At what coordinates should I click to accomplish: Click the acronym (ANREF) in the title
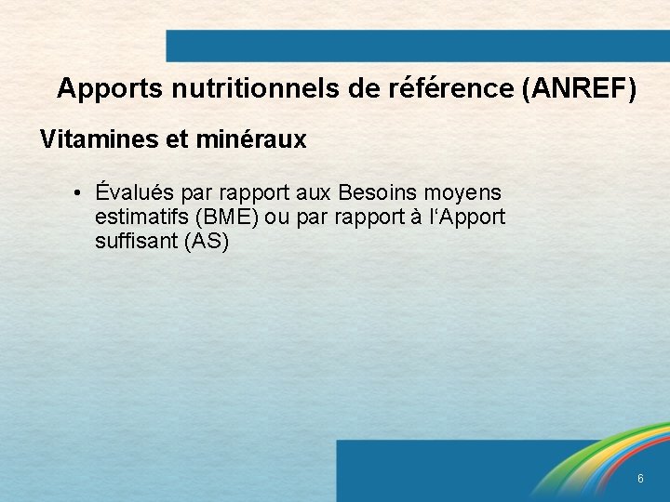click(580, 89)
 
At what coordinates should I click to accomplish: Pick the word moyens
click(462, 193)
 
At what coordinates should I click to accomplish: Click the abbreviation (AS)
click(207, 242)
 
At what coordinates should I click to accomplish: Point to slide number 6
click(640, 479)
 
